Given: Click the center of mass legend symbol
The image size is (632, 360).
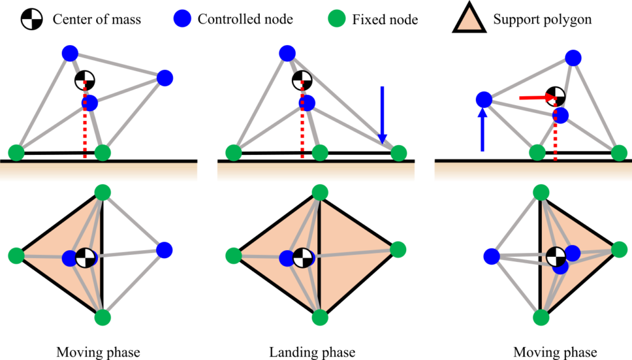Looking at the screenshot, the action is click(31, 19).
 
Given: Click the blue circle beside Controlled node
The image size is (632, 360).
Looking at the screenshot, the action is click(182, 19).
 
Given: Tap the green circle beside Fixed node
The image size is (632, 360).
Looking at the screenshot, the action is click(336, 19).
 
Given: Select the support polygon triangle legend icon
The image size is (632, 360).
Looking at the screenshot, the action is click(469, 17).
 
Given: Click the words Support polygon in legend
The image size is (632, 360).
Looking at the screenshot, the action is click(542, 19).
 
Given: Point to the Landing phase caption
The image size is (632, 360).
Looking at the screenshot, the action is click(312, 352).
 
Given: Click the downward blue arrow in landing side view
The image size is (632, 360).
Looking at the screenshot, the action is click(382, 115).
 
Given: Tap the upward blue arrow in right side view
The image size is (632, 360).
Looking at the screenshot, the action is click(483, 130).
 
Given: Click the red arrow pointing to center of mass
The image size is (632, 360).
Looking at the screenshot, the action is click(536, 97).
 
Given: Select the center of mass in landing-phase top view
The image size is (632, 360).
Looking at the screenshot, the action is click(302, 257).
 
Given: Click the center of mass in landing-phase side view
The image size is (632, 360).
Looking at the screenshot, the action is click(302, 81).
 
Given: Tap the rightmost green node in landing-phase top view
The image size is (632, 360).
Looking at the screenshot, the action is click(398, 249).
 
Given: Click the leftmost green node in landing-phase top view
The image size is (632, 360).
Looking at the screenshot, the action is click(234, 256).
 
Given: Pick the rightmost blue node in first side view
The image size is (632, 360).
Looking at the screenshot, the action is click(164, 78).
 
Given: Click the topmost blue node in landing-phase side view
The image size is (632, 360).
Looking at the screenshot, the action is click(287, 53).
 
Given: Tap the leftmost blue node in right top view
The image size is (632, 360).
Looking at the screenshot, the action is click(492, 256).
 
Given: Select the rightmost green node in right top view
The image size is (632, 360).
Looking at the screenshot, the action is click(619, 250).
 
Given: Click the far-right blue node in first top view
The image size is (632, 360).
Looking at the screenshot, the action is click(164, 250).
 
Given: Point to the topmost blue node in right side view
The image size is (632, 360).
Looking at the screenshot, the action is click(573, 58).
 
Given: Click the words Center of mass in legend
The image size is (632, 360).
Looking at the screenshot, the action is click(97, 19).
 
